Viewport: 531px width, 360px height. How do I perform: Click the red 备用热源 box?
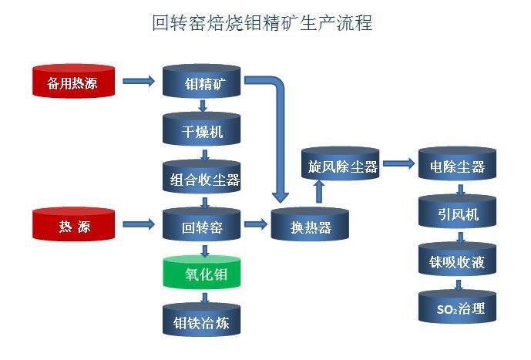click(74, 81)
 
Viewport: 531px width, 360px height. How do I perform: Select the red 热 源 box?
click(74, 226)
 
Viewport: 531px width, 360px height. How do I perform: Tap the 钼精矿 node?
click(202, 81)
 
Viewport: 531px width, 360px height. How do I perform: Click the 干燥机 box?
click(202, 131)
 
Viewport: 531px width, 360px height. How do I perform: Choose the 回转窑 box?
click(202, 227)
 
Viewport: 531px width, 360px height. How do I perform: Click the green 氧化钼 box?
click(202, 274)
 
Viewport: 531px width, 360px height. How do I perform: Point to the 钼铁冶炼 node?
click(202, 321)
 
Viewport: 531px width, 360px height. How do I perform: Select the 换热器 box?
click(310, 227)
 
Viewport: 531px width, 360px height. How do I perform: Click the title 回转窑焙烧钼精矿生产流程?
click(263, 24)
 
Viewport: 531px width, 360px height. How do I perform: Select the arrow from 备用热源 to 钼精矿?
click(139, 80)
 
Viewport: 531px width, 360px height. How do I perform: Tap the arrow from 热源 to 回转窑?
click(139, 225)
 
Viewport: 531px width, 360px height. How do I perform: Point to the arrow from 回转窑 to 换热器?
click(254, 225)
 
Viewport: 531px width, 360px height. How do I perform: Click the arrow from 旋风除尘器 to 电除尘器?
click(398, 163)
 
